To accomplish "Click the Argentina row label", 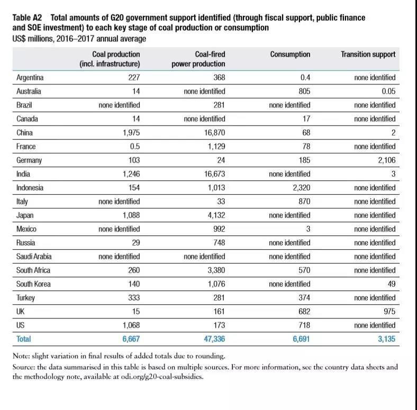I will point(30,78).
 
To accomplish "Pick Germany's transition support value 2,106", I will point(384,160).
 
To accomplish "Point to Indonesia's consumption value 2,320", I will point(300,188).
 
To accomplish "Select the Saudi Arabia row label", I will point(34,257).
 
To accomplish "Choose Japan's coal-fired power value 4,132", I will point(214,215).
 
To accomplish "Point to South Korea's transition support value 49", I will point(391,284).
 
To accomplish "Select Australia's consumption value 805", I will point(303,92).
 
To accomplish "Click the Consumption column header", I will point(290,54).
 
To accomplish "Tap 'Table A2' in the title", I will point(27,17).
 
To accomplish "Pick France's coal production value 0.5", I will point(133,147).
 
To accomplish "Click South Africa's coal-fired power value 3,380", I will point(214,270).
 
